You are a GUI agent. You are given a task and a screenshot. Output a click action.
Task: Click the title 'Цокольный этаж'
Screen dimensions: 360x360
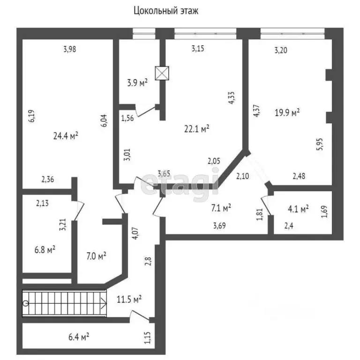166,11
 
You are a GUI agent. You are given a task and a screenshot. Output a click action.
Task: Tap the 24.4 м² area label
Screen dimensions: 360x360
65,136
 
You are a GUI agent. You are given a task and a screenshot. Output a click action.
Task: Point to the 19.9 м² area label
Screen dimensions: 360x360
286,112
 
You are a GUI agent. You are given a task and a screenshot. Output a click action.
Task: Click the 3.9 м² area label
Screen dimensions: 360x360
137,82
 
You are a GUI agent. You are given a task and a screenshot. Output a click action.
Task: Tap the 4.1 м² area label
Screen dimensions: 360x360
298,209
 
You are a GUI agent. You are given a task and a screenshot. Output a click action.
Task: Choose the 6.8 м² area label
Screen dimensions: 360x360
45,249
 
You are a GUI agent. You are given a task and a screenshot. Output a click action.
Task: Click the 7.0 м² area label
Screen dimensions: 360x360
97,255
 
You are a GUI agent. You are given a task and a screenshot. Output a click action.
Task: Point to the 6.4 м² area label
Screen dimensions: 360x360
79,336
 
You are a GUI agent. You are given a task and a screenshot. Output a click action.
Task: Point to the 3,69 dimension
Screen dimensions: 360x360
220,226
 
